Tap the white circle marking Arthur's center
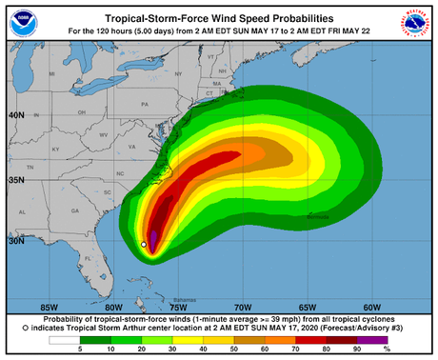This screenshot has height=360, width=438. pyautogui.click(x=144, y=245)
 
